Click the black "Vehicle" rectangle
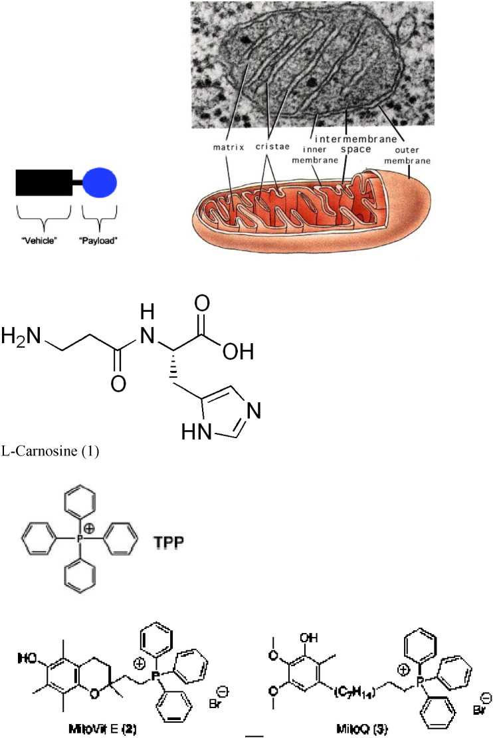(x=44, y=182)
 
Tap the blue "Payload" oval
(x=99, y=182)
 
